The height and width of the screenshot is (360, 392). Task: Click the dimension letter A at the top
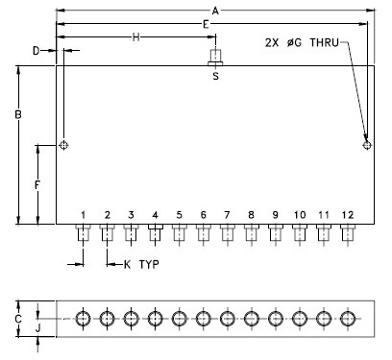[215, 11]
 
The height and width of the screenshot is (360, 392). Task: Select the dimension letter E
[206, 24]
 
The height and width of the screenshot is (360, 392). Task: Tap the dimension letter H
[136, 37]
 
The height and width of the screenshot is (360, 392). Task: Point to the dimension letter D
[37, 51]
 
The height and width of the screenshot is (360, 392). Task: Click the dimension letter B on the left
[18, 114]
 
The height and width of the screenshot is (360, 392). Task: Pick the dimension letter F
[37, 185]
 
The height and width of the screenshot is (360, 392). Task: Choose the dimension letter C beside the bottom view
[18, 319]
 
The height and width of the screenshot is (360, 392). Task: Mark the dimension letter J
[37, 328]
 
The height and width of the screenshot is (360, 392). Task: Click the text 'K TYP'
[141, 265]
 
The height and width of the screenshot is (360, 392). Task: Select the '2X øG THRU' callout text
[302, 42]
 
